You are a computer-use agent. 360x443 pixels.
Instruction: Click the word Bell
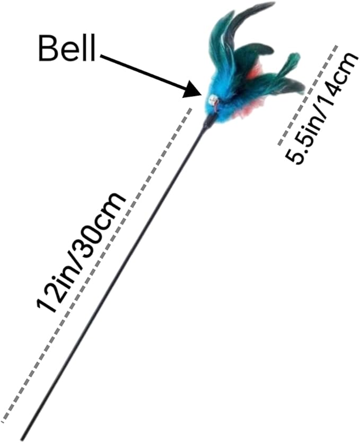67,49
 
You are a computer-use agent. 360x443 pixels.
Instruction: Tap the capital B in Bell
47,49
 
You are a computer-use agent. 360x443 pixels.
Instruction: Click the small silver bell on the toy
213,100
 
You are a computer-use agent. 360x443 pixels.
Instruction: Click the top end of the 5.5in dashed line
336,46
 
